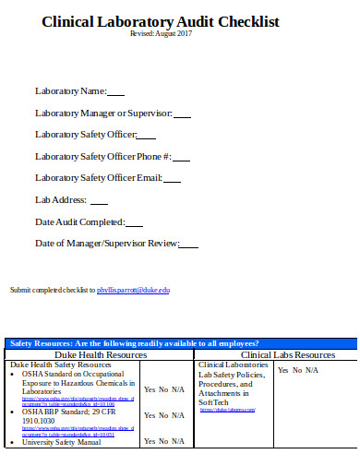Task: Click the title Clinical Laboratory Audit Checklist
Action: point(160,23)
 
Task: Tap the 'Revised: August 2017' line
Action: point(160,34)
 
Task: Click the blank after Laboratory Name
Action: point(116,92)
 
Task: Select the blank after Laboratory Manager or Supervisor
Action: point(182,114)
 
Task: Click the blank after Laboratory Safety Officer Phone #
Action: point(181,158)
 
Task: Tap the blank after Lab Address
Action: point(99,201)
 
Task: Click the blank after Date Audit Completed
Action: point(134,223)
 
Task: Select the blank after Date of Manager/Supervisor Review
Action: point(188,245)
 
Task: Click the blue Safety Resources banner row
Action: point(180,343)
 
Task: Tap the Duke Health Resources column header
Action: point(101,354)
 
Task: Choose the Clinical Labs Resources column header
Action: point(287,354)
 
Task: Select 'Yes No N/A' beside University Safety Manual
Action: point(164,441)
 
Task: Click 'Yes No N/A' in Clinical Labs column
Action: point(298,370)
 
